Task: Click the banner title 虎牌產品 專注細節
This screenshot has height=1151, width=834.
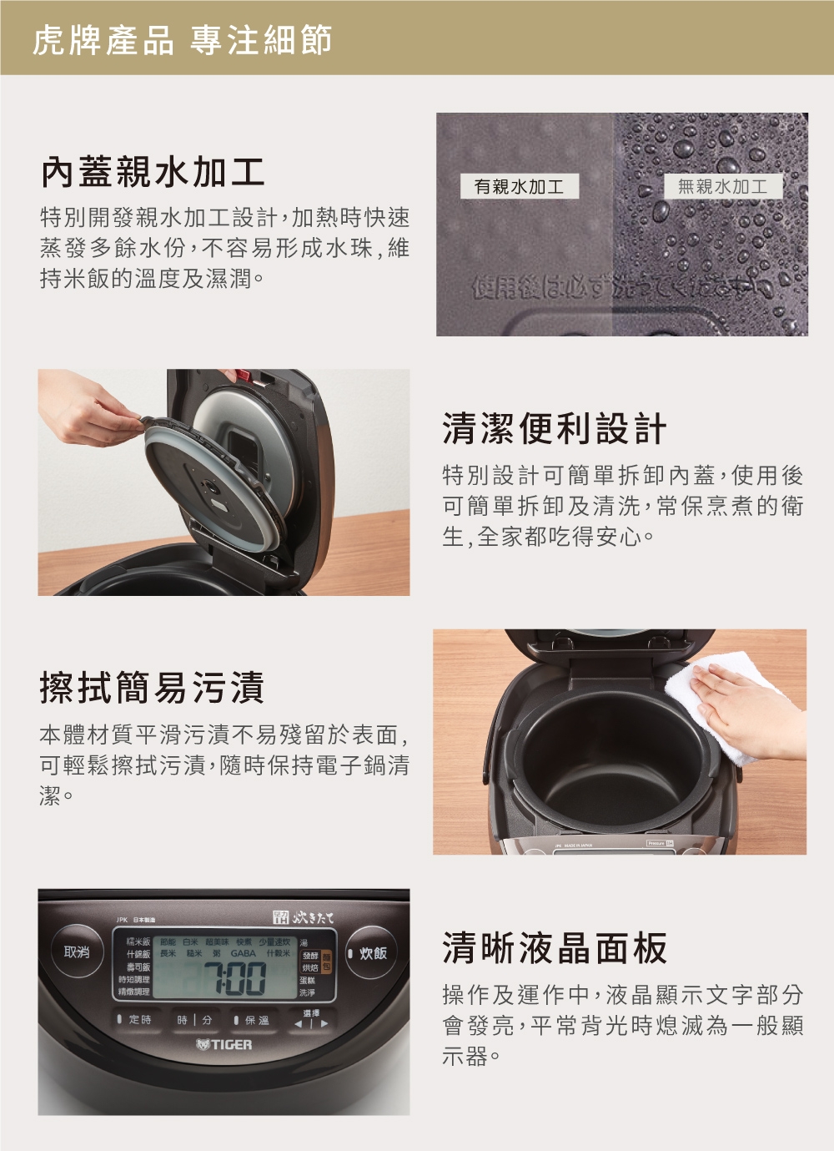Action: pos(182,39)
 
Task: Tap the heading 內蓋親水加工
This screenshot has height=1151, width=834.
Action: pos(153,172)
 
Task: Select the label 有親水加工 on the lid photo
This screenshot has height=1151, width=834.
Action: pos(519,187)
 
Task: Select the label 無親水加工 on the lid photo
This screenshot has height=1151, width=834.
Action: pos(722,187)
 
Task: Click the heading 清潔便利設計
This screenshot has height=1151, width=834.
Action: pos(555,429)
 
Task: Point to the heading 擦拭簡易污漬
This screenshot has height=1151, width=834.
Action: pos(152,688)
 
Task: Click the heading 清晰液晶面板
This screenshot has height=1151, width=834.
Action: pos(555,948)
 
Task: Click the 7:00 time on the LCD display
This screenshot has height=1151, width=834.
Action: pos(234,978)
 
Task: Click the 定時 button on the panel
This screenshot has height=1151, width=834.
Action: pos(135,1020)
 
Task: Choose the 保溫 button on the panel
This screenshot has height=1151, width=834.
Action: pos(252,1020)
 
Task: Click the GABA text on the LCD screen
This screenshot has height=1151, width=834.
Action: pos(244,953)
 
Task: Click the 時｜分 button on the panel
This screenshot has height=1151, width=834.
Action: pos(194,1020)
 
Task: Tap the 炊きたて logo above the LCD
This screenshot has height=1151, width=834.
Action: pos(304,918)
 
